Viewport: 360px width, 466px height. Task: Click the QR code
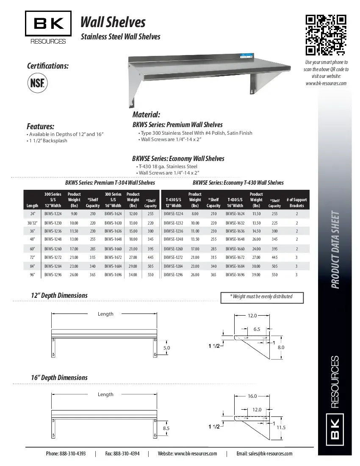point(326,35)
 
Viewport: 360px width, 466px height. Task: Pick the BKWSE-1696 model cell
point(235,275)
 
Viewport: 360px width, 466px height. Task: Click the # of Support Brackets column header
point(296,202)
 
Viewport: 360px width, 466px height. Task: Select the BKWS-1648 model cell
point(113,239)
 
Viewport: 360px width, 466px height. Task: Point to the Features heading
point(40,126)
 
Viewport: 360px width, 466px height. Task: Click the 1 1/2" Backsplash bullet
point(48,141)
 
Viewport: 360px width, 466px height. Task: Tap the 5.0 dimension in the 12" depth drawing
point(166,348)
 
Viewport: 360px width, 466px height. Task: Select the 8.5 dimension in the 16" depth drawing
point(166,428)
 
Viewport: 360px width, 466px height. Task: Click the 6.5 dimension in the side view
point(257,329)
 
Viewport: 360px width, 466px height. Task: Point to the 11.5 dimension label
point(281,427)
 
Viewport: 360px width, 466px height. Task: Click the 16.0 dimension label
point(252,396)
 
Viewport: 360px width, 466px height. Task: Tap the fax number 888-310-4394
point(122,453)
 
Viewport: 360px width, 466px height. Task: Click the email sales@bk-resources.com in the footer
point(264,453)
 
